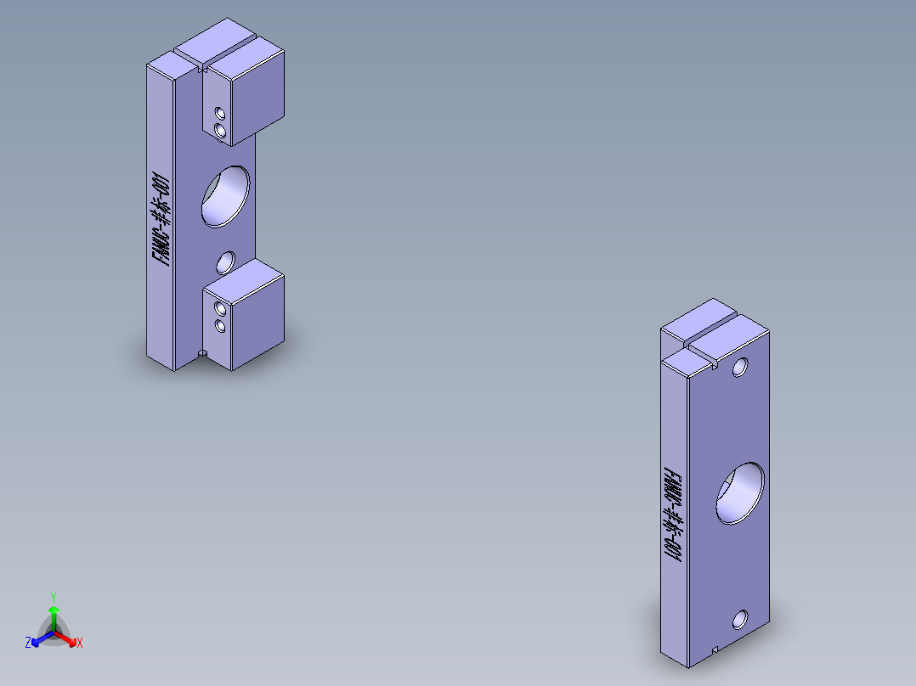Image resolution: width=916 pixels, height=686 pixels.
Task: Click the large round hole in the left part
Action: [x=226, y=196]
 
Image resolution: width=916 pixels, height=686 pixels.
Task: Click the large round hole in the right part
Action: [x=740, y=492]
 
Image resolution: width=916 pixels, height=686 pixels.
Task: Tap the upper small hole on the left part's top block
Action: [x=220, y=112]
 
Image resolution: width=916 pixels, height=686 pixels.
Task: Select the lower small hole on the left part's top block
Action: [x=221, y=130]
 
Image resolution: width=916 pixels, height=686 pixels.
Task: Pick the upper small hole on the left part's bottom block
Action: [x=221, y=307]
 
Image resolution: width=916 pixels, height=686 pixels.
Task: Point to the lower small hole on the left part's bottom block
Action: [x=221, y=325]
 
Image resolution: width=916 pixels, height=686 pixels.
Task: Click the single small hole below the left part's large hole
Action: [x=226, y=261]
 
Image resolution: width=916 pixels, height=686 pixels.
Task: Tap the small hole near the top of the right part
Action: [x=740, y=367]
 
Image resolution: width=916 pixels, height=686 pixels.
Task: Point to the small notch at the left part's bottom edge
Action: [x=201, y=352]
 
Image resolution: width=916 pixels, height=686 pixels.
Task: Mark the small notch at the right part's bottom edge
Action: [x=715, y=650]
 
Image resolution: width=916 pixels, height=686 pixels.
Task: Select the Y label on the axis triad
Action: [x=53, y=597]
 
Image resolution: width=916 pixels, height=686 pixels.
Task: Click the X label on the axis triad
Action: [x=80, y=644]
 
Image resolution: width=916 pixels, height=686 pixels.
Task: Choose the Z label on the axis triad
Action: [x=28, y=644]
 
